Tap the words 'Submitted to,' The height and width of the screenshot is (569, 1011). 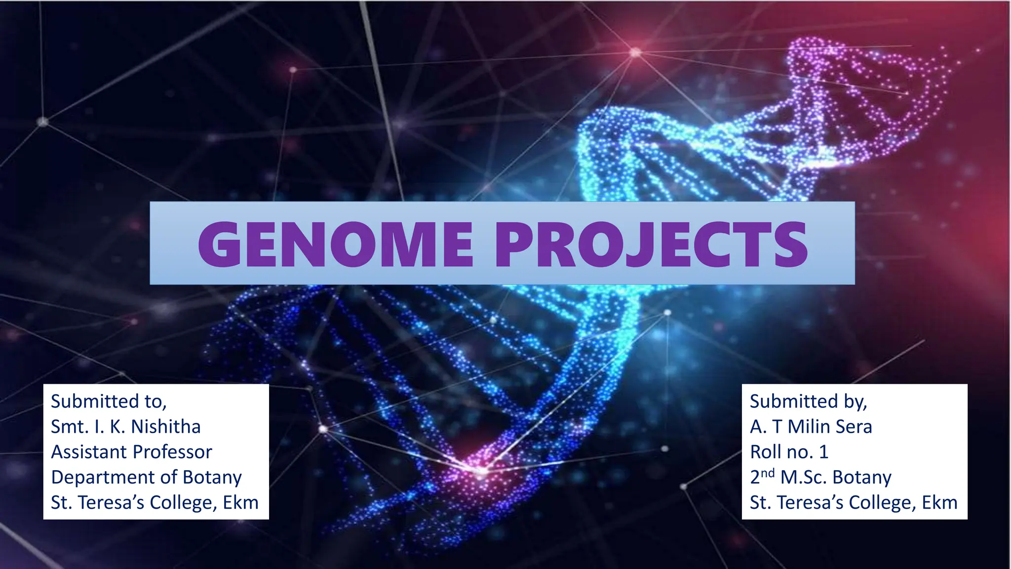point(109,402)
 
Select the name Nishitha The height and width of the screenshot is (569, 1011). point(166,427)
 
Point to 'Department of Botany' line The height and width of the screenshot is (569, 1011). point(146,477)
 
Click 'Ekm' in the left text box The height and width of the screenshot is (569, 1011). point(240,502)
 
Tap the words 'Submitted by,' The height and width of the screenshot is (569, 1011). point(808,402)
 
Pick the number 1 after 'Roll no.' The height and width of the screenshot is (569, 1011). point(823,452)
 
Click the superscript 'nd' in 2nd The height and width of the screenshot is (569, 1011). point(767,473)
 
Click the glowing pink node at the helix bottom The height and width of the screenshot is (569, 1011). point(480,470)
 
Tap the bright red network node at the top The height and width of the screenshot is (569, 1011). point(636,52)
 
